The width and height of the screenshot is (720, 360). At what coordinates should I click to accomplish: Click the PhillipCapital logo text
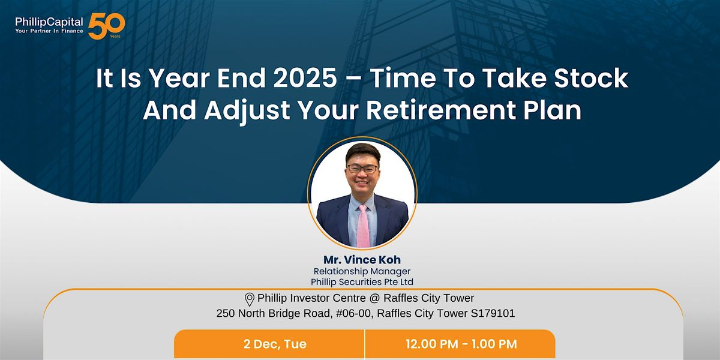pos(49,21)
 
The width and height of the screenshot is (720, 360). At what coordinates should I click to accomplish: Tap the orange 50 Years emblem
pos(106,26)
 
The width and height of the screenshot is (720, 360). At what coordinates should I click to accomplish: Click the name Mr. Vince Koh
pos(362,260)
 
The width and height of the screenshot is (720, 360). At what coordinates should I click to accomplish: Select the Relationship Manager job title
pos(362,271)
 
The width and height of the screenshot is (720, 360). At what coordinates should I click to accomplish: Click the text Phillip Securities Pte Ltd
pos(362,282)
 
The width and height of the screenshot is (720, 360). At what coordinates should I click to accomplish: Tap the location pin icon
pos(250,299)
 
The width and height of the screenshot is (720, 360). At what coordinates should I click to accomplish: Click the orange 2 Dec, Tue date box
pos(269,344)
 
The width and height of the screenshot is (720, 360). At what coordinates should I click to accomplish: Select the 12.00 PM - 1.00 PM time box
pos(460,344)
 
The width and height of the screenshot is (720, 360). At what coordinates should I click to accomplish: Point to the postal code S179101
pos(493,313)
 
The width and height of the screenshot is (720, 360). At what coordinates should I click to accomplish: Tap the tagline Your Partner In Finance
pos(49,31)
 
